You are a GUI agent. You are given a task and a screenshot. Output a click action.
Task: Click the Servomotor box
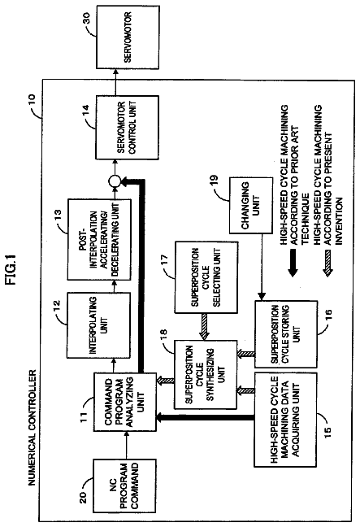[x=128, y=37]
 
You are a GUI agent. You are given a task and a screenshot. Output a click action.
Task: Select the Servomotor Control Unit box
[x=128, y=128]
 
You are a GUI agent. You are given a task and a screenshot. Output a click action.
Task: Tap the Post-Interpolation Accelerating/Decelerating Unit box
[x=99, y=240]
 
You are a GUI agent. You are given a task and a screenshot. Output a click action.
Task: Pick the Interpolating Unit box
[x=98, y=325]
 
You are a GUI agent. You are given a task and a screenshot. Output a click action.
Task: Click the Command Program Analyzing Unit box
[x=124, y=402]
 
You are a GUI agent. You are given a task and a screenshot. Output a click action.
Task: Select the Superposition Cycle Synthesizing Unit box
[x=206, y=374]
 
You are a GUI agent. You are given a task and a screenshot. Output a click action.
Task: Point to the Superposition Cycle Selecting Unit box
[x=206, y=277]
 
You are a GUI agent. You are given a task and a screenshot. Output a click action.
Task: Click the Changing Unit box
[x=250, y=206]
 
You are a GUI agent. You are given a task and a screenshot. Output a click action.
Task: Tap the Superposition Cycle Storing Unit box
[x=286, y=334]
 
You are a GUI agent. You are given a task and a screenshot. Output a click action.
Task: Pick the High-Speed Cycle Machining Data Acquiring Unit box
[x=285, y=420]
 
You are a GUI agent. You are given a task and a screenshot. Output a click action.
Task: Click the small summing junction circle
[x=115, y=181]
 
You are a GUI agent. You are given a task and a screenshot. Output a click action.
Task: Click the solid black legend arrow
[x=293, y=263]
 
